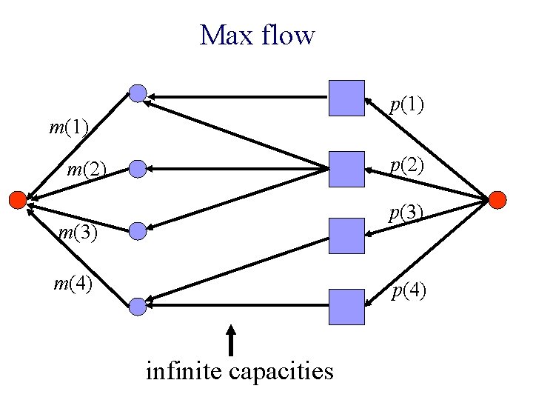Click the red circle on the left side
pyautogui.click(x=16, y=199)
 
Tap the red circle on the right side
pyautogui.click(x=497, y=199)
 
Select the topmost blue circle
pyautogui.click(x=138, y=93)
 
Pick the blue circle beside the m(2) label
pyautogui.click(x=138, y=170)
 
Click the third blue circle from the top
pyautogui.click(x=138, y=232)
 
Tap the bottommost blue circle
pyautogui.click(x=138, y=305)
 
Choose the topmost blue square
pyautogui.click(x=346, y=99)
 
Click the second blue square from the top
pyautogui.click(x=346, y=169)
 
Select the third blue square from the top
pyautogui.click(x=346, y=236)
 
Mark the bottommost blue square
pyautogui.click(x=346, y=307)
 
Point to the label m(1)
pyautogui.click(x=69, y=127)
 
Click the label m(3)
pyautogui.click(x=78, y=233)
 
